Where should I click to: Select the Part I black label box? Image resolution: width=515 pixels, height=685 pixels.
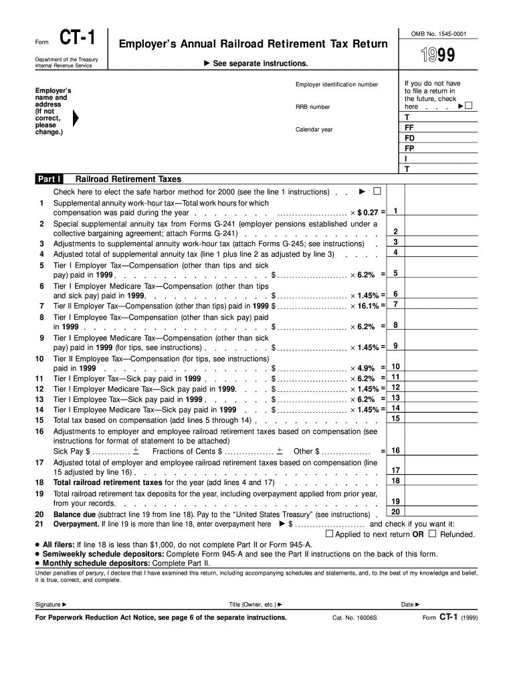tap(50, 179)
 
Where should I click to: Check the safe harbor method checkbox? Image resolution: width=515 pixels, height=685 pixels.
tap(377, 191)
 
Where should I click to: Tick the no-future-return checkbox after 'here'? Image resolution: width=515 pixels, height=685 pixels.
tap(468, 106)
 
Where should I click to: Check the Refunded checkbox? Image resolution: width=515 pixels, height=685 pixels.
tap(432, 534)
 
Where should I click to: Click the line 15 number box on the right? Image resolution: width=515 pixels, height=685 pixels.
tap(396, 419)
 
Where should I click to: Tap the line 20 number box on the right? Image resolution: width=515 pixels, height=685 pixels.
tap(396, 512)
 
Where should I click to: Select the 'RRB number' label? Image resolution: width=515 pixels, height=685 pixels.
tap(313, 107)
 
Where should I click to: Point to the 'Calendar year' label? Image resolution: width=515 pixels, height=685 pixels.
tap(314, 129)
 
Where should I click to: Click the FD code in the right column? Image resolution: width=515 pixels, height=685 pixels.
tap(409, 138)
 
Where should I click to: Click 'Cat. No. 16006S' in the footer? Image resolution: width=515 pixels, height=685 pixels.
tap(354, 617)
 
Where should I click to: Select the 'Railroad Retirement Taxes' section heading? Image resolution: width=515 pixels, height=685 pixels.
tap(128, 179)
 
